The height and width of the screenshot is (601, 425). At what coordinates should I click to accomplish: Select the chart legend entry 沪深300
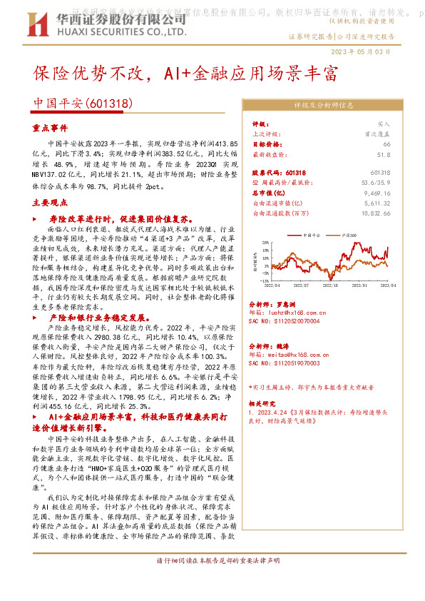[350, 234]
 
